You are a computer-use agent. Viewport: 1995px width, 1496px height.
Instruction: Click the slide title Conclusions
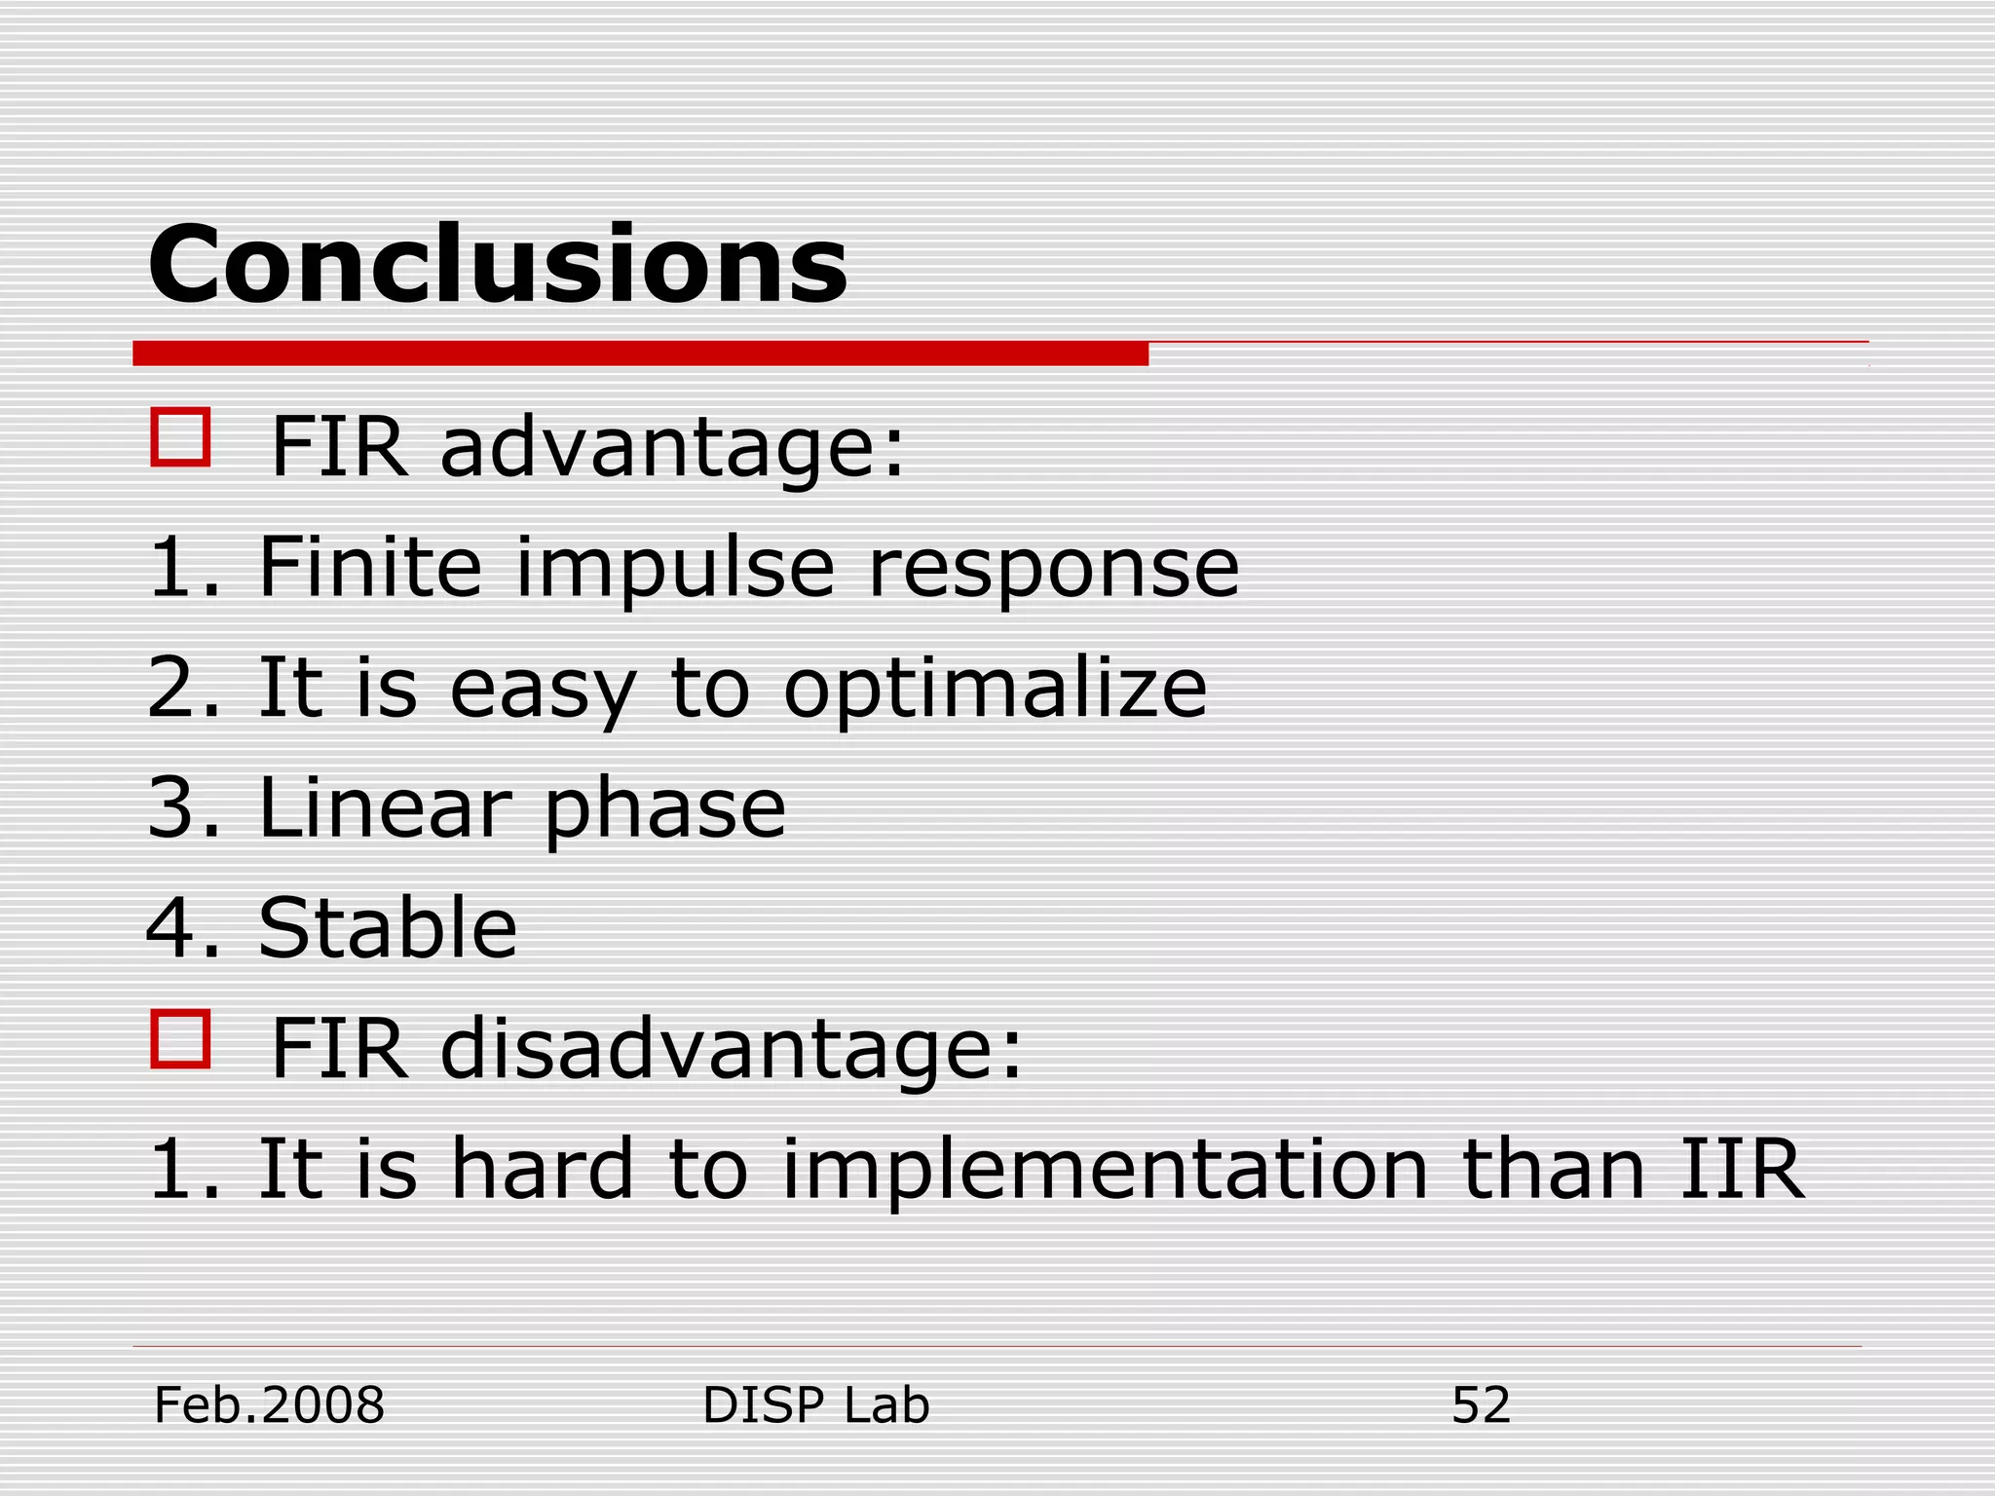[497, 265]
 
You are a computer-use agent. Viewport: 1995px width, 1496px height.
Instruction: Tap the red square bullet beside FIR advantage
[181, 437]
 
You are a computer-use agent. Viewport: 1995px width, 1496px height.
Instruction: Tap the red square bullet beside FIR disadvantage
[181, 1039]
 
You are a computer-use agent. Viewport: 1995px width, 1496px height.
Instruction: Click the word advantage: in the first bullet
[672, 448]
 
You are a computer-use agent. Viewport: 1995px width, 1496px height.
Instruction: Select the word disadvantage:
[731, 1050]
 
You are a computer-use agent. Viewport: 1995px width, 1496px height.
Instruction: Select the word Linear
[384, 808]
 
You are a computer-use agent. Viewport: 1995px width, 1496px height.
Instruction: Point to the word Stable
[387, 928]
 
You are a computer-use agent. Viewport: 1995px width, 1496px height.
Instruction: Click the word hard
[542, 1169]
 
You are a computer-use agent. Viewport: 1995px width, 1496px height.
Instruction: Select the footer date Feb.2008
[269, 1405]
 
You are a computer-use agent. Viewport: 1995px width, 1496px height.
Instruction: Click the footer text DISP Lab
[815, 1405]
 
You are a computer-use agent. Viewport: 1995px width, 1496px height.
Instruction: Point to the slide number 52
[1480, 1405]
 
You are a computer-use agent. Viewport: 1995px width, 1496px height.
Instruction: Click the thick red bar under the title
[640, 354]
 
